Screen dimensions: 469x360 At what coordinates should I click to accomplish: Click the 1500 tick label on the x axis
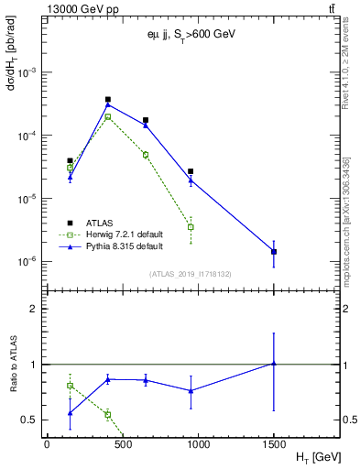click(x=274, y=442)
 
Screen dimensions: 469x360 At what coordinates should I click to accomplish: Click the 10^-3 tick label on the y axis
click(x=29, y=72)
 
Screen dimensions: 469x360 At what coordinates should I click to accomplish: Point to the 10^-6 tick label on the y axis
click(x=29, y=262)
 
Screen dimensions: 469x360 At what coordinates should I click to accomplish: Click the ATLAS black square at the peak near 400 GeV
click(x=108, y=99)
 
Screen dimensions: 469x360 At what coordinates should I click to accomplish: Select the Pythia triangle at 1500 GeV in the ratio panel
click(x=274, y=364)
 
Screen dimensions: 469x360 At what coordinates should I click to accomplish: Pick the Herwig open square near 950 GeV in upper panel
click(x=191, y=227)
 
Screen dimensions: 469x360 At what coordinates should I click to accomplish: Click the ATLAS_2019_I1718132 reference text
click(x=182, y=273)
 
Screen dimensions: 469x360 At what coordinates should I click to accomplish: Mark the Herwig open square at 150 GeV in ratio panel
click(x=70, y=386)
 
